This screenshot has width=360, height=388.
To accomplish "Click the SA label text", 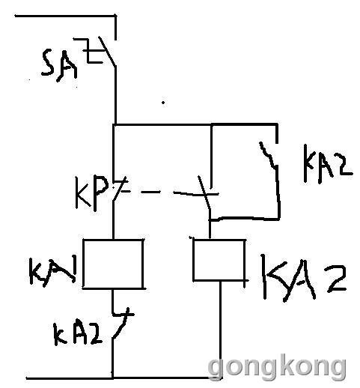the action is (x=59, y=66).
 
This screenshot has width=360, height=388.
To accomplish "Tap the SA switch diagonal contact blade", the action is (x=107, y=52).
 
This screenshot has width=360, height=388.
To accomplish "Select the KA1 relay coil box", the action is (x=113, y=264).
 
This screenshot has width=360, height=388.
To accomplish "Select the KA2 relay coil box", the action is (x=219, y=260).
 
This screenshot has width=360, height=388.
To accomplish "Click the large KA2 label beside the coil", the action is (x=305, y=278).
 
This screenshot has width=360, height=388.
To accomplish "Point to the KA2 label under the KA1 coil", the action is (x=78, y=334).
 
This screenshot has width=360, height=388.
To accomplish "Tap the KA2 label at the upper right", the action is (x=327, y=163).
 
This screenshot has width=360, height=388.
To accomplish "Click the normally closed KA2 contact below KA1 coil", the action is (x=120, y=324).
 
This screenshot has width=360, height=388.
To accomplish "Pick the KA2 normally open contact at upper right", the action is (x=269, y=155).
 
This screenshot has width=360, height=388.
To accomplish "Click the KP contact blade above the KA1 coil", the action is (x=119, y=189).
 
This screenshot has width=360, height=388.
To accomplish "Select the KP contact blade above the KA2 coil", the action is (x=204, y=192).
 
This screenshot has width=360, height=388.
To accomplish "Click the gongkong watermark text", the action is (x=277, y=368).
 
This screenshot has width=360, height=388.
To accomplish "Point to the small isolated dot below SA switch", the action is (x=163, y=103).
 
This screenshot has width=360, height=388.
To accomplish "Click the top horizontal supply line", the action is (x=65, y=16).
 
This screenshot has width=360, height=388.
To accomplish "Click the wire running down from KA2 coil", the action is (x=220, y=330).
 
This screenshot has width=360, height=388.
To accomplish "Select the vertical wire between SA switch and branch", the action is (x=115, y=95).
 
